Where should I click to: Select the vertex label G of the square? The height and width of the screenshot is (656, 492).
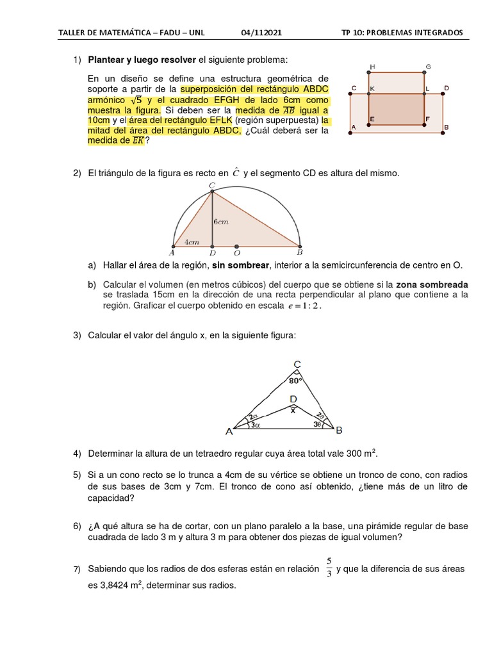coord(428,67)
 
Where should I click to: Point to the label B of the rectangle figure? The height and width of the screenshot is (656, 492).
coord(447,127)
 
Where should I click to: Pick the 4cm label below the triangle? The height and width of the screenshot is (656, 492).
coord(191,242)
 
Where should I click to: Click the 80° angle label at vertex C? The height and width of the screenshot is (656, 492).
coord(295,380)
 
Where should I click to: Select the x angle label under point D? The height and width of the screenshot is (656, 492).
coord(293,411)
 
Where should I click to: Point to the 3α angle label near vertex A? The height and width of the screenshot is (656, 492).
coord(255,425)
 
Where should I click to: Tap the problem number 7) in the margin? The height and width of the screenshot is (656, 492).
coord(76,570)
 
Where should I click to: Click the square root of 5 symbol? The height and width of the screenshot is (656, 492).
coord(135,101)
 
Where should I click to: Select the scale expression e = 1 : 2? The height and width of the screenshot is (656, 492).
coord(304,306)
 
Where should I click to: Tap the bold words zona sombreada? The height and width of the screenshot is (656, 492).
coord(432,284)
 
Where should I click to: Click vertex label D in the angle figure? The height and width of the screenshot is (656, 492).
coord(293,400)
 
